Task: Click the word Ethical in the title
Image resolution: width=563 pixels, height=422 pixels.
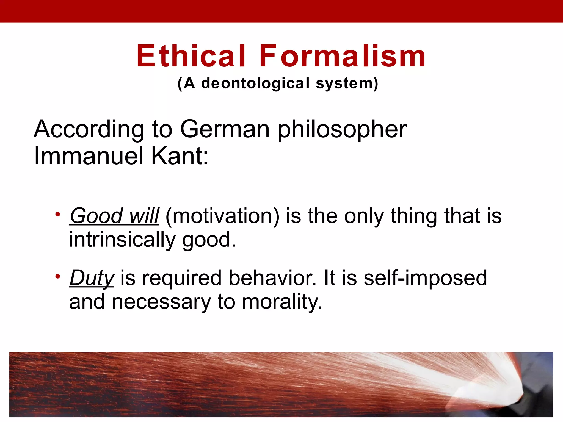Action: (191, 56)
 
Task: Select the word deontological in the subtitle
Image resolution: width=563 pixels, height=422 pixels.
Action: (255, 84)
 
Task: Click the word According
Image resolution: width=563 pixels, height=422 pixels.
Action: (89, 129)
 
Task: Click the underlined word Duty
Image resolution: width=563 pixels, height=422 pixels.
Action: (92, 278)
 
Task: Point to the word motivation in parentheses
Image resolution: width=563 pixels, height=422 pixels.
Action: (222, 216)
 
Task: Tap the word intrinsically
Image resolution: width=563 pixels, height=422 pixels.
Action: (122, 240)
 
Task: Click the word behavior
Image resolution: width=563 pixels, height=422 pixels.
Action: (272, 278)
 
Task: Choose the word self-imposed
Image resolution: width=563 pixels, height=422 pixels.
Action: (425, 278)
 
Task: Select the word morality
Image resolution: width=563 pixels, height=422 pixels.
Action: (282, 302)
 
